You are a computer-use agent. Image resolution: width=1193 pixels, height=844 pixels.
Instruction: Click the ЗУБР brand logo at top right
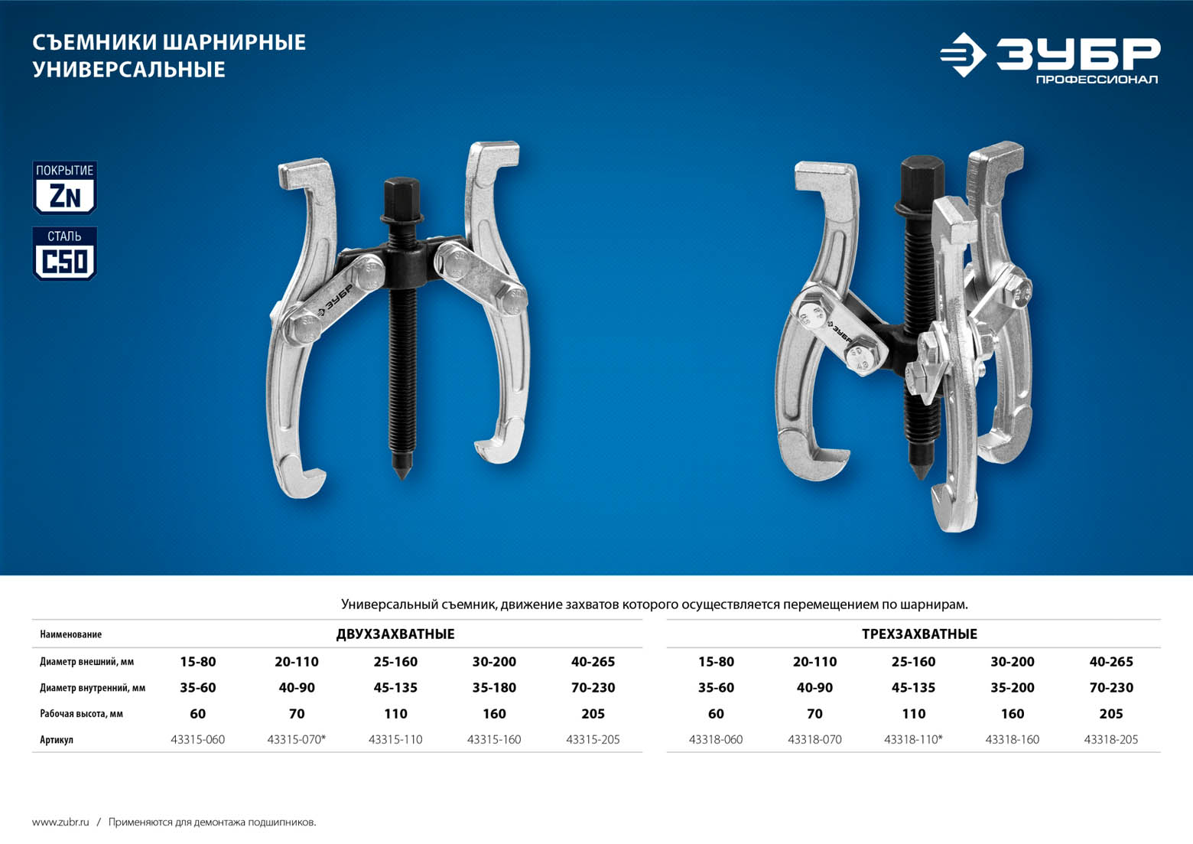click(x=1050, y=56)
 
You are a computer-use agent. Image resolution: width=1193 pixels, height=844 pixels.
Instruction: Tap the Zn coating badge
click(x=64, y=187)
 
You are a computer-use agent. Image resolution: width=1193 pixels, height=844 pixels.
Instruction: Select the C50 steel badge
click(x=64, y=253)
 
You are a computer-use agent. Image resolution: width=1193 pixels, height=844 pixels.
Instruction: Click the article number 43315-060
click(x=197, y=740)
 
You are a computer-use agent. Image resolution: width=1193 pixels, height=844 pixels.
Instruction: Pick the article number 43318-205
click(x=1111, y=740)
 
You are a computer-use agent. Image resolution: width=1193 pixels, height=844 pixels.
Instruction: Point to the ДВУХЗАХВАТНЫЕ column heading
click(x=395, y=634)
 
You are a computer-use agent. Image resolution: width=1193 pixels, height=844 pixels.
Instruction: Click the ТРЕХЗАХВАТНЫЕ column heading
click(x=920, y=634)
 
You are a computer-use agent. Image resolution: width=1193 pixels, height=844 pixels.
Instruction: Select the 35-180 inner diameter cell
click(x=494, y=688)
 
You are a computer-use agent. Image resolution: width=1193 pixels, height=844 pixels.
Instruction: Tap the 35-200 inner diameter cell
click(x=1013, y=688)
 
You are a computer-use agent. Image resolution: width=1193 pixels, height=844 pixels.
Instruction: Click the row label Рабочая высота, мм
click(x=82, y=714)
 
